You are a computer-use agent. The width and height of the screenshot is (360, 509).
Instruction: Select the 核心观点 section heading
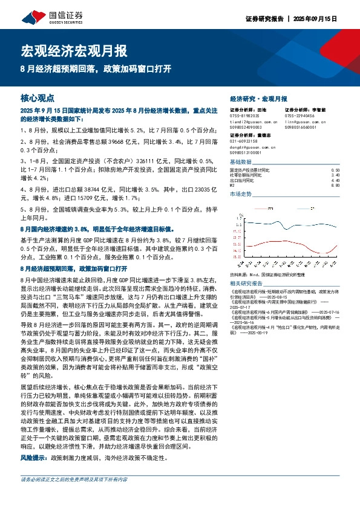point(38,97)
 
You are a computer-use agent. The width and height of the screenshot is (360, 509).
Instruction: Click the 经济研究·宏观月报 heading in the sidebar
point(259,98)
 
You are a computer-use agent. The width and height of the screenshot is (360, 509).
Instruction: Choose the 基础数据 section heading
point(241,163)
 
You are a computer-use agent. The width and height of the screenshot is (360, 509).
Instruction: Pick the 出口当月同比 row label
point(243,181)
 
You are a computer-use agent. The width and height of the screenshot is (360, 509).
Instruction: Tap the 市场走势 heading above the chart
point(241,195)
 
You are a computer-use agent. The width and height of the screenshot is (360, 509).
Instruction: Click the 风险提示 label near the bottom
point(34,458)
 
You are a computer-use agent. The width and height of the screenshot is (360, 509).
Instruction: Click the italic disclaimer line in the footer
point(74,496)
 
